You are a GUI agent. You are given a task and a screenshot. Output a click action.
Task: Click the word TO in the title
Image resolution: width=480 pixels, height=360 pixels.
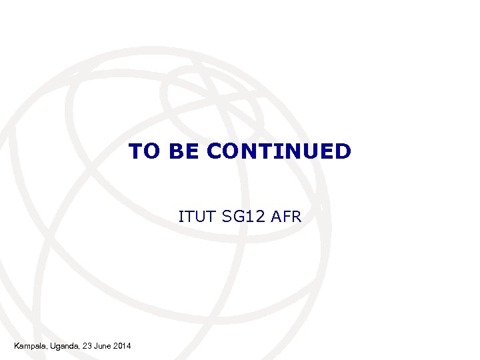(145, 151)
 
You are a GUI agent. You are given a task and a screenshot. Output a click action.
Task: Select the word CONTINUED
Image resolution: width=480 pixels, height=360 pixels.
(279, 151)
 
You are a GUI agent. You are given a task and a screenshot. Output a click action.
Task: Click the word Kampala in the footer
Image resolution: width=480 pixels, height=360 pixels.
(29, 345)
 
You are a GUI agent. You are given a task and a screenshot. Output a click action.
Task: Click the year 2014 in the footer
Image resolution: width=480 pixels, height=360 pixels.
(123, 345)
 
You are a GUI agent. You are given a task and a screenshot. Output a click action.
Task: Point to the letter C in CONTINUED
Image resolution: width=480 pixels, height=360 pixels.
(215, 151)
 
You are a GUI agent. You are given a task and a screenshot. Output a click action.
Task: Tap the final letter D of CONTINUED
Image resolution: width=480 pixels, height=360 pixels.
(342, 151)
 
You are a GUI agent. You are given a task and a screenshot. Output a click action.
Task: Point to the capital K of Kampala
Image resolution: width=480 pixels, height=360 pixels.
(17, 345)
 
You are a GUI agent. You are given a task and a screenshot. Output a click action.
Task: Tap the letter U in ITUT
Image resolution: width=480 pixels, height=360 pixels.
(197, 216)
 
